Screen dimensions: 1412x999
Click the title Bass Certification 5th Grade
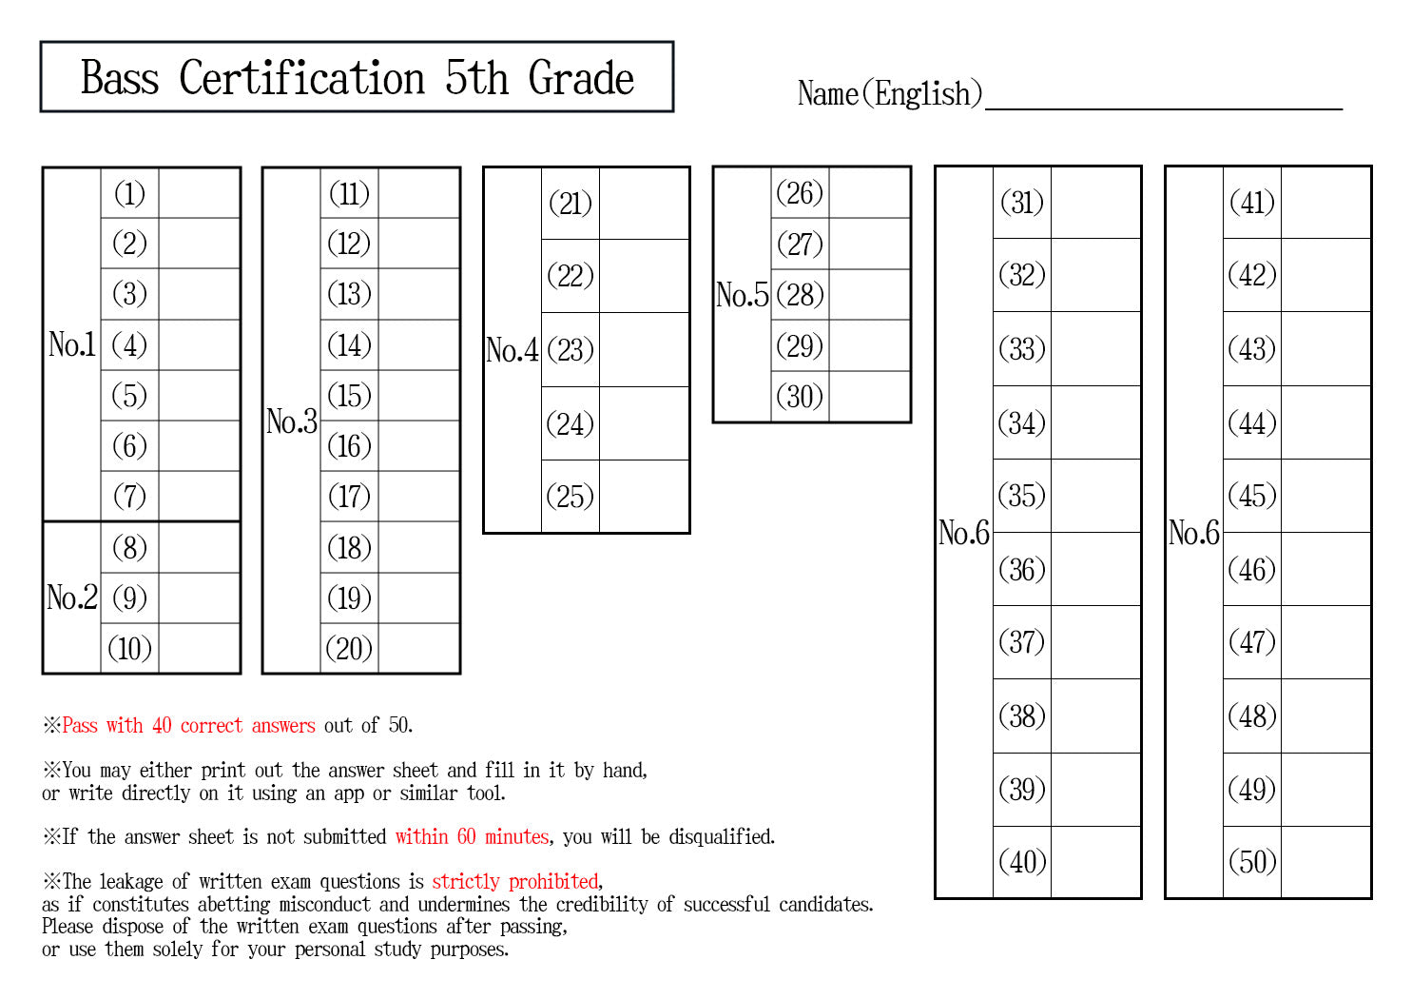(x=358, y=78)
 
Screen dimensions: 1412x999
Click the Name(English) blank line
(x=1164, y=109)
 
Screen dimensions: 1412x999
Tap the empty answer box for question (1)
(x=199, y=193)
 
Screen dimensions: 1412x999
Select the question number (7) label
(x=130, y=497)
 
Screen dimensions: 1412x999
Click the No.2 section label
(x=72, y=597)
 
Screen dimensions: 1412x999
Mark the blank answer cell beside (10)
(x=199, y=648)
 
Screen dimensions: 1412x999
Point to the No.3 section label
(x=291, y=421)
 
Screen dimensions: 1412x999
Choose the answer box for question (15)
(x=418, y=396)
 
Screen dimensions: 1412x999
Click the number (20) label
(x=349, y=649)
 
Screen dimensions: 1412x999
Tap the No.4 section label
(x=512, y=350)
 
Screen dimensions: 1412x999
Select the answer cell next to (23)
(x=645, y=349)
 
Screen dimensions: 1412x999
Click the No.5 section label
(x=742, y=295)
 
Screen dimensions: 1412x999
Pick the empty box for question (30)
(x=869, y=396)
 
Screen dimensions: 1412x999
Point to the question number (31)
(x=1022, y=203)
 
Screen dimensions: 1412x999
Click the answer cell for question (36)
(x=1095, y=569)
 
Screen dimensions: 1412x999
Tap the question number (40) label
(x=1022, y=862)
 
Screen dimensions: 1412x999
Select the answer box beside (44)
(x=1325, y=422)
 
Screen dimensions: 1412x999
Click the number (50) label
(x=1252, y=862)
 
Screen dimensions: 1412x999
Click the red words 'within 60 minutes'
(x=473, y=837)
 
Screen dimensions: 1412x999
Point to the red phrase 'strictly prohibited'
(x=515, y=881)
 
